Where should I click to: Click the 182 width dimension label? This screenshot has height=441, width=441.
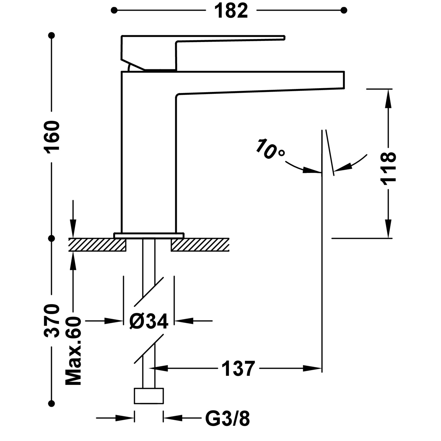231,11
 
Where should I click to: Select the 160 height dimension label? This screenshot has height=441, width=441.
52,136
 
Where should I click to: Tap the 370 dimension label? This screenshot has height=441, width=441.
52,320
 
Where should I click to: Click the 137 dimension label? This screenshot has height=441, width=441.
238,369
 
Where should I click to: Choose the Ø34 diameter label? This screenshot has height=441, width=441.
149,321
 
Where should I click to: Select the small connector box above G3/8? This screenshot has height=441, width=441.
149,396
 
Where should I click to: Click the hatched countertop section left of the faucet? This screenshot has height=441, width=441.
97,245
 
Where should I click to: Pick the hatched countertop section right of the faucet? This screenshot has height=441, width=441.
200,245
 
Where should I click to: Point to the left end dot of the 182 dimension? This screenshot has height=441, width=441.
114,11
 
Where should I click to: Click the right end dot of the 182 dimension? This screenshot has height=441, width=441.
344,11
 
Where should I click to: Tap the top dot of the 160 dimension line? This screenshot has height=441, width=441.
52,36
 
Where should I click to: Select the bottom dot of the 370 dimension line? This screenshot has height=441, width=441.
52,403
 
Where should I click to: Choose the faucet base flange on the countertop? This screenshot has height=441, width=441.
149,235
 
